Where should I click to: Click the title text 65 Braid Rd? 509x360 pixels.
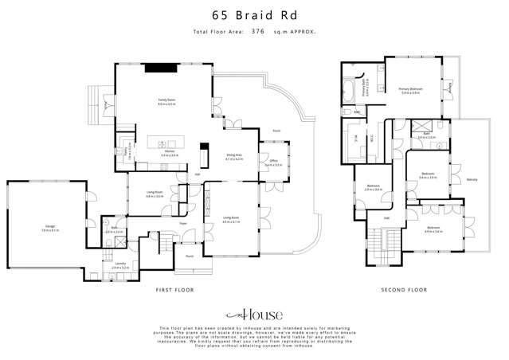[x=254, y=14]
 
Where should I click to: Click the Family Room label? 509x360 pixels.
[x=166, y=101]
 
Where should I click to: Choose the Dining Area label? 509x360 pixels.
[x=233, y=157]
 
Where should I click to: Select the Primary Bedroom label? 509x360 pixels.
[x=410, y=90]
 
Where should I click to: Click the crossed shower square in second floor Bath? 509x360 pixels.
[x=418, y=125]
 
